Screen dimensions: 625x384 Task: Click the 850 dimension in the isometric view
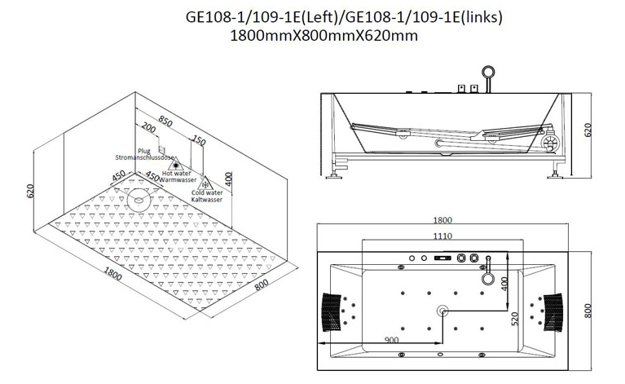point(165,121)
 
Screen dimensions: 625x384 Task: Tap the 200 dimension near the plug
point(148,128)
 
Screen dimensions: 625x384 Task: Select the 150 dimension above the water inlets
point(199,140)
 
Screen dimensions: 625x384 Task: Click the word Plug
point(144,151)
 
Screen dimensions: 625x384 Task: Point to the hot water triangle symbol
point(175,165)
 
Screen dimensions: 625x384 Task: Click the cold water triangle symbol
point(205,184)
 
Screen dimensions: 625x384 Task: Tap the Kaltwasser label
point(206,200)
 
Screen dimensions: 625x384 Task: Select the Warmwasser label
point(178,180)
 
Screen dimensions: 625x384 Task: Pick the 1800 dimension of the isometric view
point(112,274)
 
